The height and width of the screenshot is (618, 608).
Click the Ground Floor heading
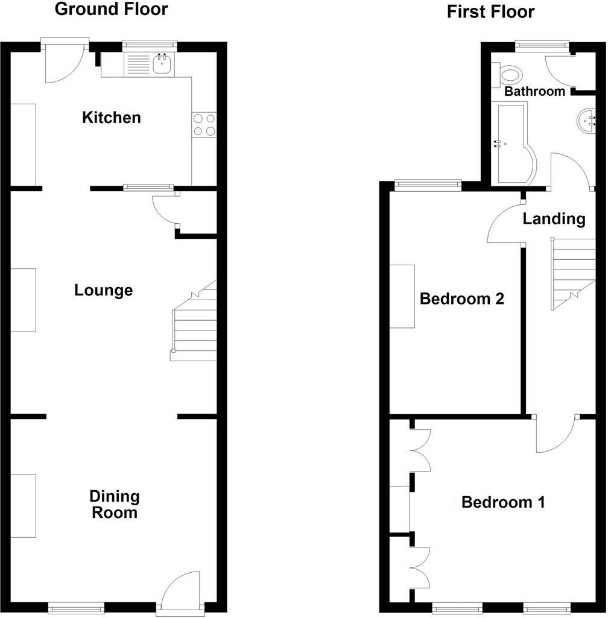tap(111, 10)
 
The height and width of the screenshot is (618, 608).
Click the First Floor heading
tap(490, 12)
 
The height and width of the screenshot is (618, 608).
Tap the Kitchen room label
tap(112, 118)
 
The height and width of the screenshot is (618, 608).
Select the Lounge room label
tap(104, 291)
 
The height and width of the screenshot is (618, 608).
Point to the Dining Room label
tap(115, 505)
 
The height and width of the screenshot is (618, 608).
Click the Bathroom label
tap(534, 92)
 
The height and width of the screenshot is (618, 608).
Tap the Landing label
tap(554, 219)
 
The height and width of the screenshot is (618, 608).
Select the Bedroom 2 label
tap(461, 299)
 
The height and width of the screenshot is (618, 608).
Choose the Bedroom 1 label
tap(503, 502)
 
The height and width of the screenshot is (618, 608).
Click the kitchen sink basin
tap(162, 64)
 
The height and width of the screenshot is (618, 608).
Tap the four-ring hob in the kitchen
tap(204, 125)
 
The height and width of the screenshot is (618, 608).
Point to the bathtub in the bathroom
tap(514, 143)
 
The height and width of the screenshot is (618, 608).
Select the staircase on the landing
tap(572, 274)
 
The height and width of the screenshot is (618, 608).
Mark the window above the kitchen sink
tap(150, 45)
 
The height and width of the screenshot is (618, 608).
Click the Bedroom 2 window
tap(428, 185)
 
